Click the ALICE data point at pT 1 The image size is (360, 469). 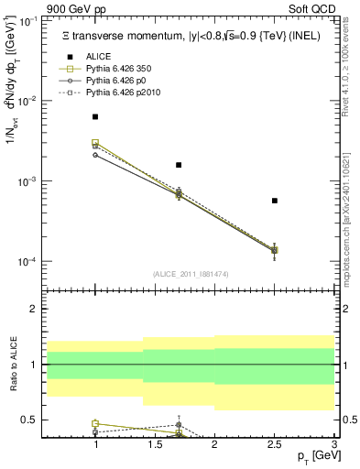95,117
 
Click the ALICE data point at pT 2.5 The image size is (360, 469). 274,201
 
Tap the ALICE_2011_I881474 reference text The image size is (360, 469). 190,274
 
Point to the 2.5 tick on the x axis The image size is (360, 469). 274,446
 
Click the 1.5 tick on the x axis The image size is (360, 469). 155,446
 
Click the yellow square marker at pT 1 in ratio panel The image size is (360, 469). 95,424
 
